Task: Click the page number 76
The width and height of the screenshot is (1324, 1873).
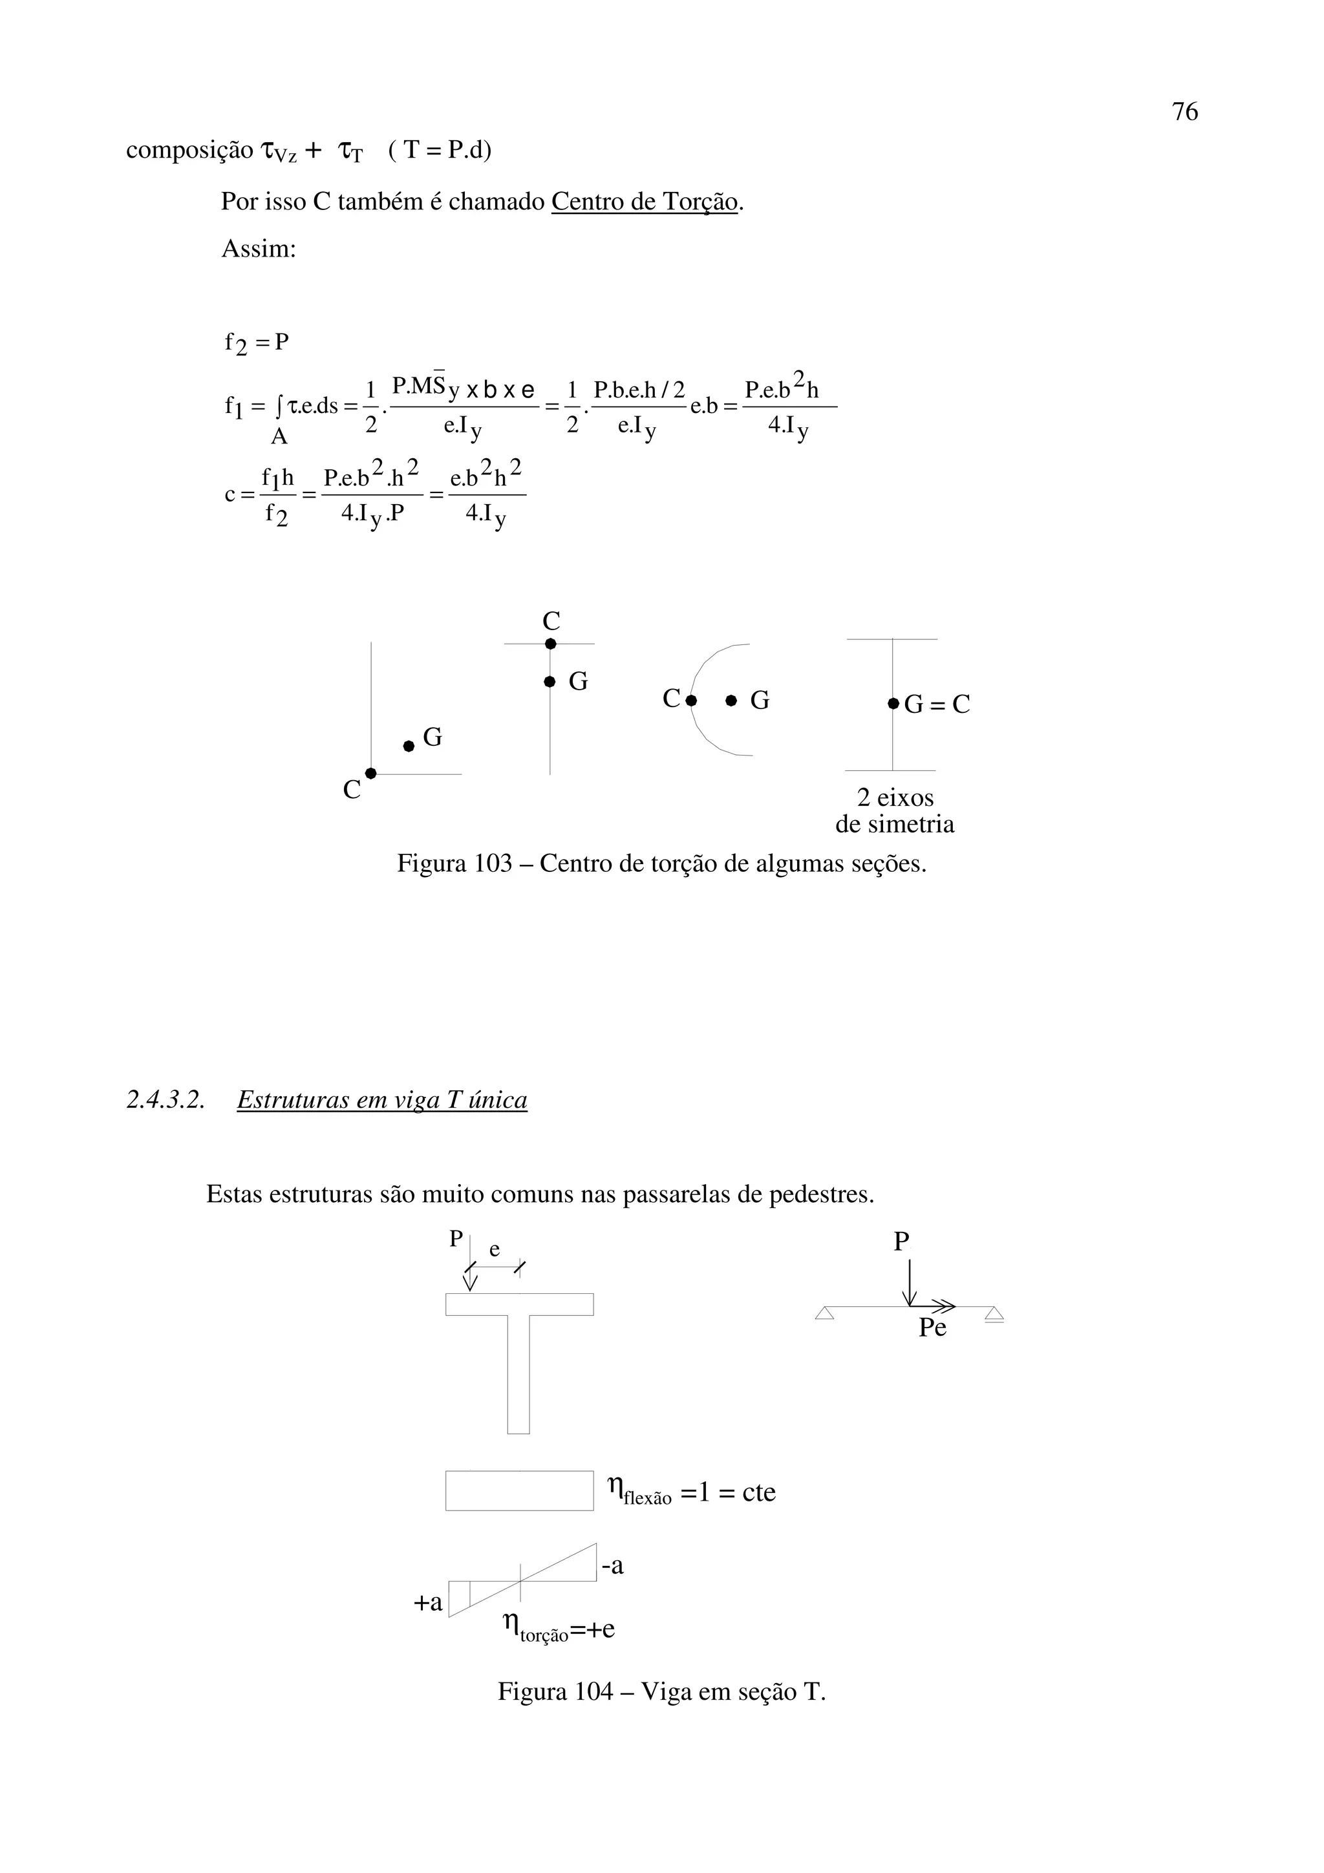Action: [x=1184, y=112]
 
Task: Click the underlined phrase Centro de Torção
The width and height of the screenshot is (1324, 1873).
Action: [x=644, y=202]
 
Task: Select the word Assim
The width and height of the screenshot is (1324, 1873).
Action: [x=258, y=249]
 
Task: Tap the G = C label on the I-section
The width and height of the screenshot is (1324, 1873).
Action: [x=937, y=703]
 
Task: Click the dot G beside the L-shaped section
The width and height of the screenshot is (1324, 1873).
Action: [x=409, y=746]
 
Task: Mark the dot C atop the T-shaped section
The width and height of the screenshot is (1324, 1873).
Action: [x=551, y=644]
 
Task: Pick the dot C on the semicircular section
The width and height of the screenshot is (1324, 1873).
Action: [x=691, y=700]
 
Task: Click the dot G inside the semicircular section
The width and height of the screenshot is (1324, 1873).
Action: [x=731, y=700]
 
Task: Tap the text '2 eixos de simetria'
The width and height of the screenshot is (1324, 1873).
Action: [x=895, y=810]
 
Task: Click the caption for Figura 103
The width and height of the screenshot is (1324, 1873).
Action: [x=661, y=863]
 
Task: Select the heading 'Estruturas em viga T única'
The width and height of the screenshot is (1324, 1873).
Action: [x=382, y=1101]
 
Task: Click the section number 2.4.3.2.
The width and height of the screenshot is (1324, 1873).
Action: [x=165, y=1101]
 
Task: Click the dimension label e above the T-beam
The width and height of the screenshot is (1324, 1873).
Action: [x=495, y=1250]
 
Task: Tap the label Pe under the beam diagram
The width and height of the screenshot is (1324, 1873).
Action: [x=932, y=1328]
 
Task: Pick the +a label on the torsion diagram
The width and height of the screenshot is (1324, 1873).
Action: [x=428, y=1602]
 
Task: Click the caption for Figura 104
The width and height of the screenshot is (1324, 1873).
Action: [x=661, y=1692]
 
